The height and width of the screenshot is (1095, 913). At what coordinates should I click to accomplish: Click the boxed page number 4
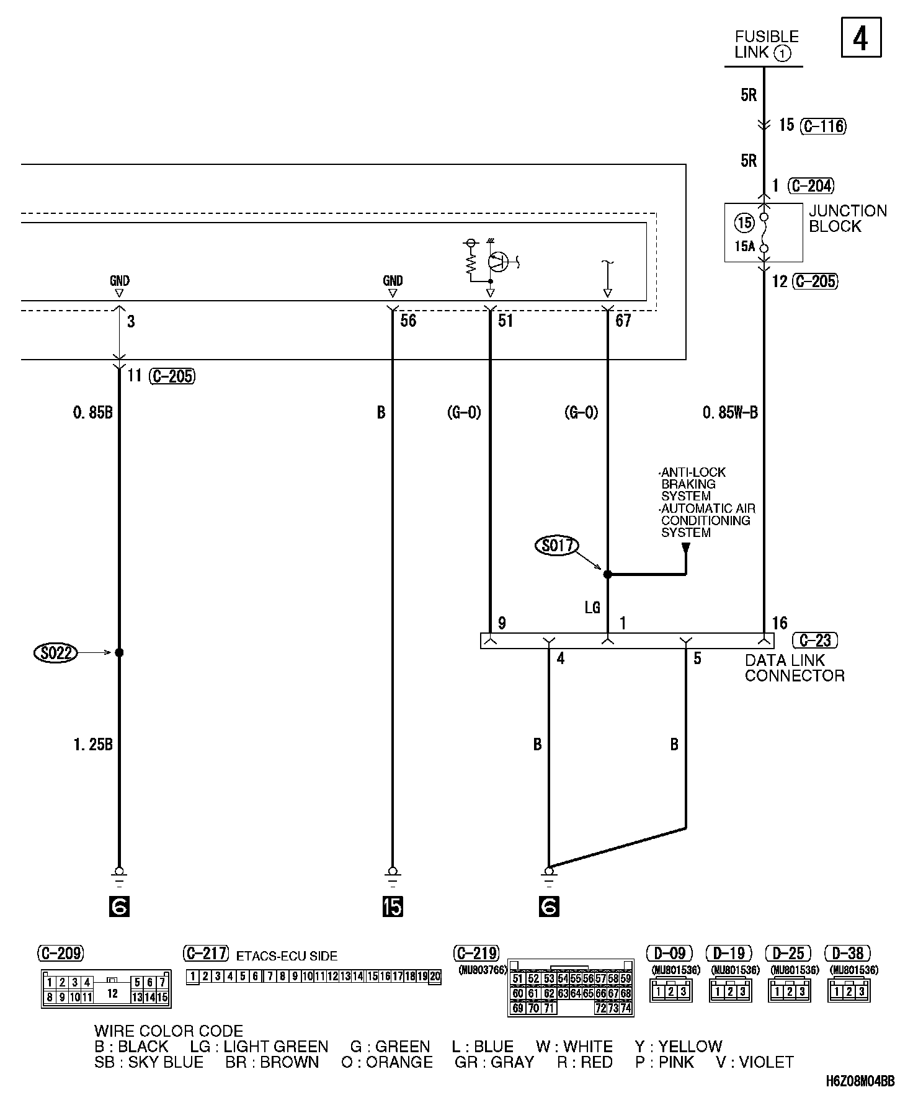click(860, 38)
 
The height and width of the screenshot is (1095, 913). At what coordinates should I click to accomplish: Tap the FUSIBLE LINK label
click(766, 45)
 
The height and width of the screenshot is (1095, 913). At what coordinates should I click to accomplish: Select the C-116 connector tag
click(823, 126)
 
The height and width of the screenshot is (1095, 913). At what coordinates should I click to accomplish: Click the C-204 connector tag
click(811, 185)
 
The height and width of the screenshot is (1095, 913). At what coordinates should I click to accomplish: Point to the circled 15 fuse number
click(744, 222)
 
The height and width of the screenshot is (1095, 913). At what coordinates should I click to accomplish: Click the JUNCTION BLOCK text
click(847, 218)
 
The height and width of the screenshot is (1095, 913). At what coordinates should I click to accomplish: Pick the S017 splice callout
click(556, 546)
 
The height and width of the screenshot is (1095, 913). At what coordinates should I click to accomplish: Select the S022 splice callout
click(56, 652)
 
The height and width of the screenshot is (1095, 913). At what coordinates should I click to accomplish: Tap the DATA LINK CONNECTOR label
click(795, 668)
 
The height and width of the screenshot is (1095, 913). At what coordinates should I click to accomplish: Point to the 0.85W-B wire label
click(730, 412)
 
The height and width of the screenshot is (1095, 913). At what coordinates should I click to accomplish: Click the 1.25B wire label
click(93, 745)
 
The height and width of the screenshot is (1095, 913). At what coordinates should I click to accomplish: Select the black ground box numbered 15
click(393, 907)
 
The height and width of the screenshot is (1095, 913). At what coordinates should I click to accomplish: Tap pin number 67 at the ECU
click(623, 321)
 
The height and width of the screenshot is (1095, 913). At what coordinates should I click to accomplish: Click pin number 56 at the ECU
click(408, 321)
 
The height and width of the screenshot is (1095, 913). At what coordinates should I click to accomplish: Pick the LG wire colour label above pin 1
click(592, 608)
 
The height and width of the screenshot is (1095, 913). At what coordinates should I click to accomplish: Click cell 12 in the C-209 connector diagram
click(112, 993)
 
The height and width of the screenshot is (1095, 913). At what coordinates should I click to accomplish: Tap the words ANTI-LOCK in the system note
click(692, 472)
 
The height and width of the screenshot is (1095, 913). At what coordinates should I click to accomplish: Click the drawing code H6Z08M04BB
click(860, 1081)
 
